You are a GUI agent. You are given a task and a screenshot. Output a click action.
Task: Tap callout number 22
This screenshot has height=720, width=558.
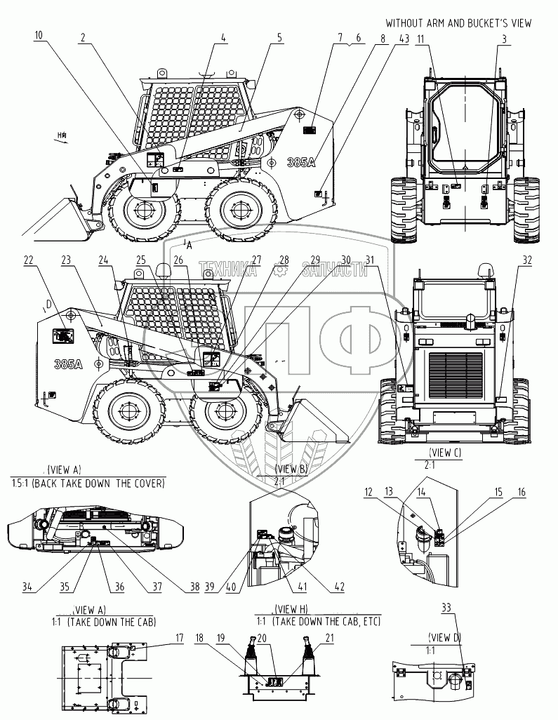(29, 260)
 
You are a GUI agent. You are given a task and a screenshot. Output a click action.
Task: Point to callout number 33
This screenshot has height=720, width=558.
(446, 607)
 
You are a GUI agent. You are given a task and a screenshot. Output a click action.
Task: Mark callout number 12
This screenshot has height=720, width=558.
(369, 493)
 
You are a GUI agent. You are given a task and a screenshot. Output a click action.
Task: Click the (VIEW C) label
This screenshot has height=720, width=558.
(444, 453)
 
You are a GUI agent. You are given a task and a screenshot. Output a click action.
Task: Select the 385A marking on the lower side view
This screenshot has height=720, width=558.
(69, 364)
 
